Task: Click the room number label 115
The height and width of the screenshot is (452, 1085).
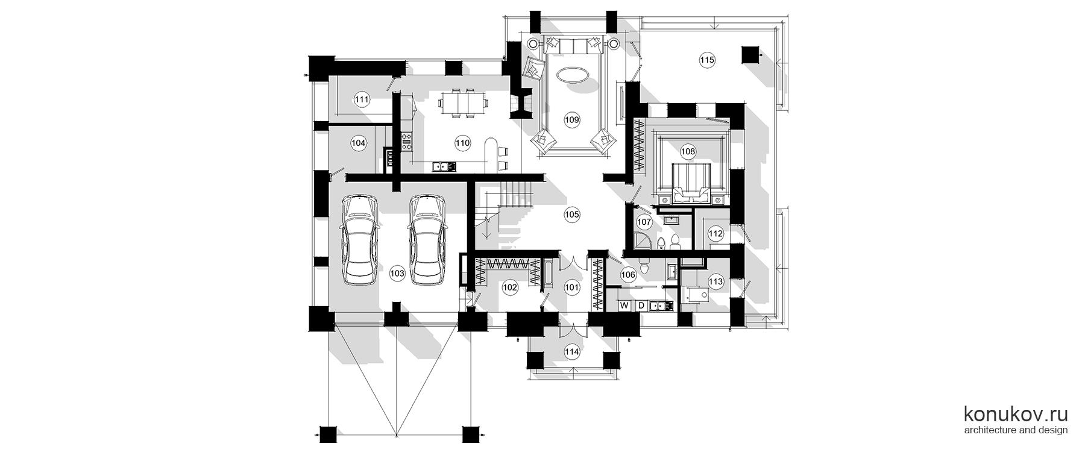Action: pos(706,60)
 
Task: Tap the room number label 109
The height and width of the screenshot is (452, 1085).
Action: pos(571,119)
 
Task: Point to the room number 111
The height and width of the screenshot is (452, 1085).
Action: pos(362,100)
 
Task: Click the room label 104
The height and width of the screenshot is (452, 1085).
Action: pos(358,143)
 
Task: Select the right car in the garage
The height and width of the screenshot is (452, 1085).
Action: pos(427,239)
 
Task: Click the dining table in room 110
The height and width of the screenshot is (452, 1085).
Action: pos(462,102)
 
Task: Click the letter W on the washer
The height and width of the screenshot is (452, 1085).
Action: pos(625,306)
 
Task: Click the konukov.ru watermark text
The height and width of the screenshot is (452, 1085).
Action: pos(1016,414)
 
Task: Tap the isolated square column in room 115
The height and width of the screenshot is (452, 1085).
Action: pos(749,55)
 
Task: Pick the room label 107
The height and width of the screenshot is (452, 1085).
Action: pos(644,222)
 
